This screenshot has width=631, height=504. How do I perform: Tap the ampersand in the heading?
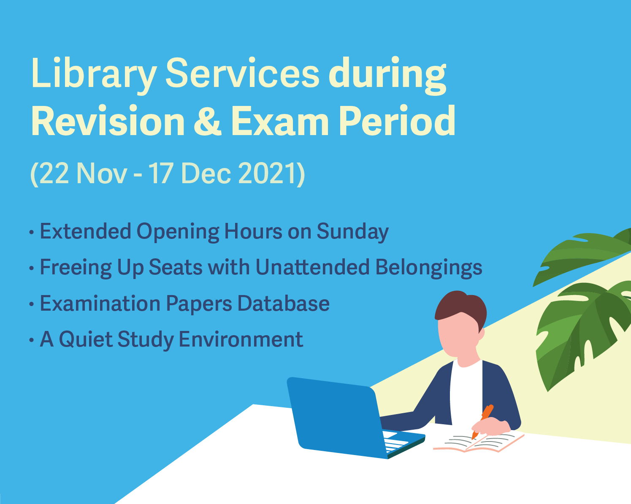click(208, 121)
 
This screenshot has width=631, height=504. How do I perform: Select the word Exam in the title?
click(280, 121)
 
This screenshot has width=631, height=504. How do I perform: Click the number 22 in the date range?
click(54, 173)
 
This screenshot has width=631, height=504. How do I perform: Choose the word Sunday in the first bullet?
click(352, 232)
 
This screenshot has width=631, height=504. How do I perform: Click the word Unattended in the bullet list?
click(313, 267)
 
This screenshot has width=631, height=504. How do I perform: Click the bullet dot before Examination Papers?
click(32, 304)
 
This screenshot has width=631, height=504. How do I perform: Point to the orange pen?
click(482, 421)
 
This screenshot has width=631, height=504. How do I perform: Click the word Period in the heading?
click(397, 121)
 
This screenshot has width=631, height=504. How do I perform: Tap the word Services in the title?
click(242, 73)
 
